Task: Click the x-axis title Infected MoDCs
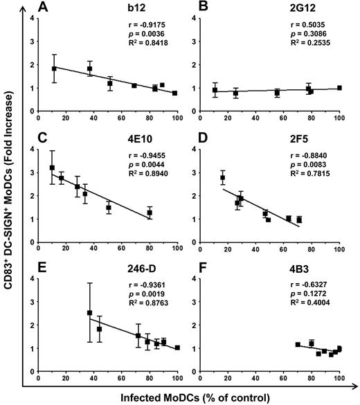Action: click(191, 397)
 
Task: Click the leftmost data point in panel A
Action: click(54, 69)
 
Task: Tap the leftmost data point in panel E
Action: click(89, 313)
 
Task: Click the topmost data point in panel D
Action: click(223, 178)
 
